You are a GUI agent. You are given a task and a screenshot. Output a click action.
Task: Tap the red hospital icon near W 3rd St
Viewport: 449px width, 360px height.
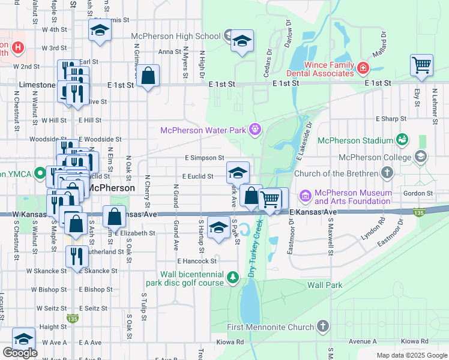point(17,47)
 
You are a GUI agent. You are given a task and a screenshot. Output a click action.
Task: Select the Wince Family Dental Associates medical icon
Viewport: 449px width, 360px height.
point(363,68)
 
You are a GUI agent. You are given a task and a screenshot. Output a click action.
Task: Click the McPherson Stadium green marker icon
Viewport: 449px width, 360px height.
point(402,140)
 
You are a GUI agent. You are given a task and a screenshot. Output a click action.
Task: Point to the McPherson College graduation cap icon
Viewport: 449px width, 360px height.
point(420,157)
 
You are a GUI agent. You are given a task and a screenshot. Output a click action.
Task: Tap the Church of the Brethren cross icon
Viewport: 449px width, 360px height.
point(387,173)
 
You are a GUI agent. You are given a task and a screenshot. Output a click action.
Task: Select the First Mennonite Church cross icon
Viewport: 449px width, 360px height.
point(323,327)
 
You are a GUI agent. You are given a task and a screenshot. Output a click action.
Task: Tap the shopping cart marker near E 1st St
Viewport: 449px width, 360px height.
point(422,64)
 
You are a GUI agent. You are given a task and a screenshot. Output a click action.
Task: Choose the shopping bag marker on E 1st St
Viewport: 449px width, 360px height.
point(148,76)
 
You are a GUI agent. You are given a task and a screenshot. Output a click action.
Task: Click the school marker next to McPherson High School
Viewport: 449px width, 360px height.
point(242,41)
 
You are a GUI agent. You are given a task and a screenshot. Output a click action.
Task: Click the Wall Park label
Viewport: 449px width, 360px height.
point(325,285)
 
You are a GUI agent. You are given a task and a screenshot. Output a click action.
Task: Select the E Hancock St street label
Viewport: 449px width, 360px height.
point(197,261)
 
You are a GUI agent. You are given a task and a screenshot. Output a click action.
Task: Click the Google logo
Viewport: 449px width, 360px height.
point(20,353)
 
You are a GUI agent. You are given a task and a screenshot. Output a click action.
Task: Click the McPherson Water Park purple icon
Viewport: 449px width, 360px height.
point(256,129)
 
